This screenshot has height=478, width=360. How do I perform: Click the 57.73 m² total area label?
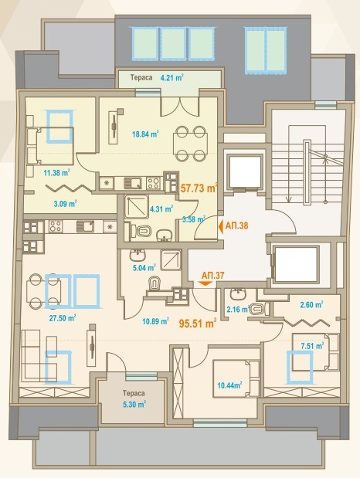pos(199,188)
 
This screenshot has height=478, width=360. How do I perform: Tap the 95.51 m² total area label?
pos(198,323)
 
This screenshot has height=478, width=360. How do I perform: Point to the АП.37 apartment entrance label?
pos(212,276)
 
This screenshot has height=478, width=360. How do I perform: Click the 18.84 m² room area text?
pos(145,134)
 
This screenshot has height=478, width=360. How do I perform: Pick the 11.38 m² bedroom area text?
pos(56,173)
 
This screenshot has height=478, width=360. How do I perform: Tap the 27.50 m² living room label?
pos(63,318)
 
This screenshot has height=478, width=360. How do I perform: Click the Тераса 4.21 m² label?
pos(157,77)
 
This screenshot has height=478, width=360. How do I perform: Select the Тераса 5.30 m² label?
pos(134,398)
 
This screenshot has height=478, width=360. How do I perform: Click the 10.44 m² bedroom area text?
pos(229,385)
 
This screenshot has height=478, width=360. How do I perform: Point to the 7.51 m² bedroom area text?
pos(312,346)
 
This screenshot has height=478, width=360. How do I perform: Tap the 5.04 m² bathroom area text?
pos(144,268)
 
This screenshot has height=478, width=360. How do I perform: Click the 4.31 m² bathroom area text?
pos(161,209)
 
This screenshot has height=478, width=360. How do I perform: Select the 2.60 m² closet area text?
pos(311,304)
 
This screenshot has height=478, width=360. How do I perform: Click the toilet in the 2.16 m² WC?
pos(259,309)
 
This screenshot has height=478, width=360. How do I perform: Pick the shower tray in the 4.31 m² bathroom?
pos(137,207)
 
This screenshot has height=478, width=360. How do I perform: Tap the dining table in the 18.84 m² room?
pos(191,144)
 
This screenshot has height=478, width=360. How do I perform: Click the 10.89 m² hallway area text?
pos(155,321)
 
